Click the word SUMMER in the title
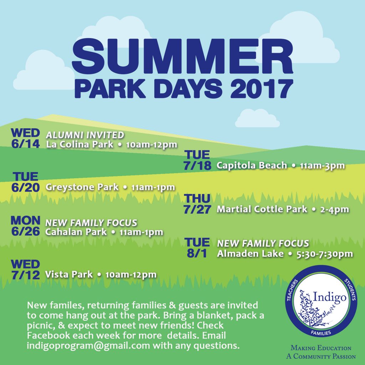pyautogui.click(x=183, y=57)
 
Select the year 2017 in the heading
pyautogui.click(x=262, y=88)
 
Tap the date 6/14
pyautogui.click(x=25, y=144)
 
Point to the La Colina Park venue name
pyautogui.click(x=79, y=144)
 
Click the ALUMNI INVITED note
pyautogui.click(x=85, y=135)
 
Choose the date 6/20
pyautogui.click(x=25, y=187)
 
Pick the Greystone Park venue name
pyautogui.click(x=82, y=187)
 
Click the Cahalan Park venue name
pyautogui.click(x=76, y=232)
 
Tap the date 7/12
pyautogui.click(x=26, y=275)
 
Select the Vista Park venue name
pyautogui.click(x=69, y=274)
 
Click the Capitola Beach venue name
pyautogui.click(x=252, y=165)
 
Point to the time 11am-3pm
pyautogui.click(x=322, y=166)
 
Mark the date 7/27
pyautogui.click(x=197, y=209)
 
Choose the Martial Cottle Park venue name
pyautogui.click(x=262, y=209)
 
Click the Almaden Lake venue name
pyautogui.click(x=250, y=254)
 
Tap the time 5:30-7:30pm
pyautogui.click(x=325, y=254)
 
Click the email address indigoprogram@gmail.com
pyautogui.click(x=88, y=345)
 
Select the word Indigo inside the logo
pyautogui.click(x=329, y=297)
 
